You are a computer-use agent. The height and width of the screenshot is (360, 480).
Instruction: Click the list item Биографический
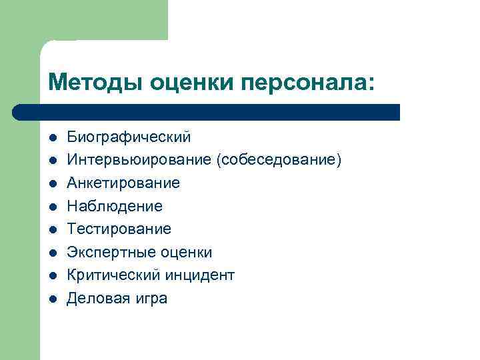point(128,137)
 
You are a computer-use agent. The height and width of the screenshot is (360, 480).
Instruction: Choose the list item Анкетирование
point(123,183)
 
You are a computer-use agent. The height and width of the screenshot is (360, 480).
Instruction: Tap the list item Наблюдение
point(114,206)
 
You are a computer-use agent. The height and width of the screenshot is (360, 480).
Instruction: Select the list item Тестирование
point(119,229)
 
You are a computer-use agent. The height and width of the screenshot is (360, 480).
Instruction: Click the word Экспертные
point(110,252)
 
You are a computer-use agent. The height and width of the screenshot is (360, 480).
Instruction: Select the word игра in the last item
point(149,298)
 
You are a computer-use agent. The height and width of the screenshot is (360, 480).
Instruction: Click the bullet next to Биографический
point(52,138)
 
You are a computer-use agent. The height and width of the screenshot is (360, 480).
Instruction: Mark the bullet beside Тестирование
point(52,229)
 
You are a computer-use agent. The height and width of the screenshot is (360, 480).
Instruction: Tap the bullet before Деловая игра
point(52,299)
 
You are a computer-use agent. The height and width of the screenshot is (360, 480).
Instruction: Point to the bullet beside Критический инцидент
point(52,275)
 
